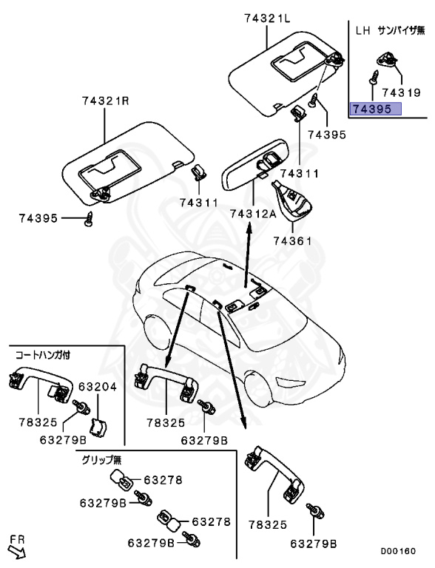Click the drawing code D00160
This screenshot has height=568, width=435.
click(398, 551)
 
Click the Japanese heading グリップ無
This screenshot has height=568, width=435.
click(100, 459)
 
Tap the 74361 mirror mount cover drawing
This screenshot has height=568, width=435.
click(292, 198)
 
